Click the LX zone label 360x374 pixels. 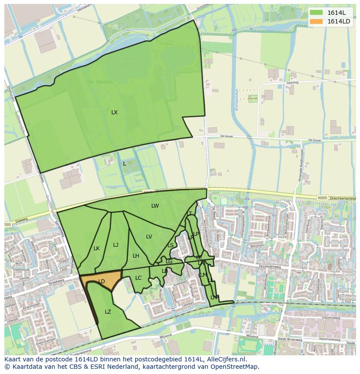(114, 113)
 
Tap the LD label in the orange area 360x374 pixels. (101, 281)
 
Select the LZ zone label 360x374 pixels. (108, 312)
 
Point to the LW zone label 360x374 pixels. (155, 206)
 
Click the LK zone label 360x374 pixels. (97, 248)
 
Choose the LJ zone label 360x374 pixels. (116, 245)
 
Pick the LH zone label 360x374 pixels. (136, 256)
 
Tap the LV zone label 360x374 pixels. (149, 237)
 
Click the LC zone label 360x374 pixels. (138, 278)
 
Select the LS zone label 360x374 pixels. (170, 245)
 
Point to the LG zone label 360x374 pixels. (169, 261)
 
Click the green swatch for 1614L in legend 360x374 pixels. (317, 13)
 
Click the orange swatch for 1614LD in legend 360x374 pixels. (317, 21)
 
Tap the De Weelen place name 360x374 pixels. (100, 82)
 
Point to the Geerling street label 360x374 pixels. (292, 82)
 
